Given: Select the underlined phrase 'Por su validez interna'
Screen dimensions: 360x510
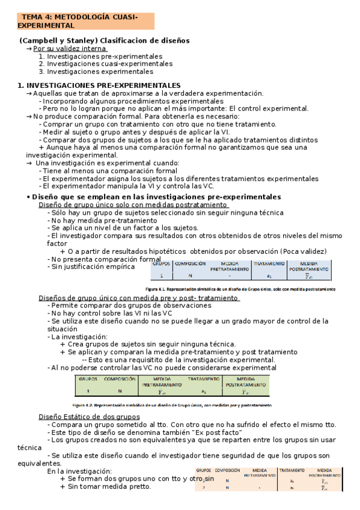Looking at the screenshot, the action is click(x=69, y=48).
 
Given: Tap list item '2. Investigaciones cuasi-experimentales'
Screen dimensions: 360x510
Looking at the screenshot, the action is click(x=105, y=63).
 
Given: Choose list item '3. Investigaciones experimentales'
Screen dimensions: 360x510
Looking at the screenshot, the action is click(x=96, y=71).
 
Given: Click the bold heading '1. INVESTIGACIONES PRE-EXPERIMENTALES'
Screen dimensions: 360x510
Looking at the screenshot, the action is click(x=99, y=85).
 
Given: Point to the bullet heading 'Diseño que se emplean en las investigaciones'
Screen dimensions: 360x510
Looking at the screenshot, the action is click(x=156, y=197).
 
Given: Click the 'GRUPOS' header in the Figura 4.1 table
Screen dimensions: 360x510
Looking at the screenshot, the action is click(x=162, y=263).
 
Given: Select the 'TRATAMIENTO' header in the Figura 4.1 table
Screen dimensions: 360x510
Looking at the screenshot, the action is click(x=269, y=263).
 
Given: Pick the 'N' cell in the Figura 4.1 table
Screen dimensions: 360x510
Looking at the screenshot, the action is click(x=189, y=275).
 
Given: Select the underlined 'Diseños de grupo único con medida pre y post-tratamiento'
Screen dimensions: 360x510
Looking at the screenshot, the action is click(x=139, y=298).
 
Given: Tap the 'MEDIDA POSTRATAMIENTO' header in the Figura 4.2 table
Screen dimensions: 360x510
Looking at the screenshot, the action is click(x=245, y=381).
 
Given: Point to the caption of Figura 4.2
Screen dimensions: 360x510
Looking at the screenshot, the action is click(x=172, y=405).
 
